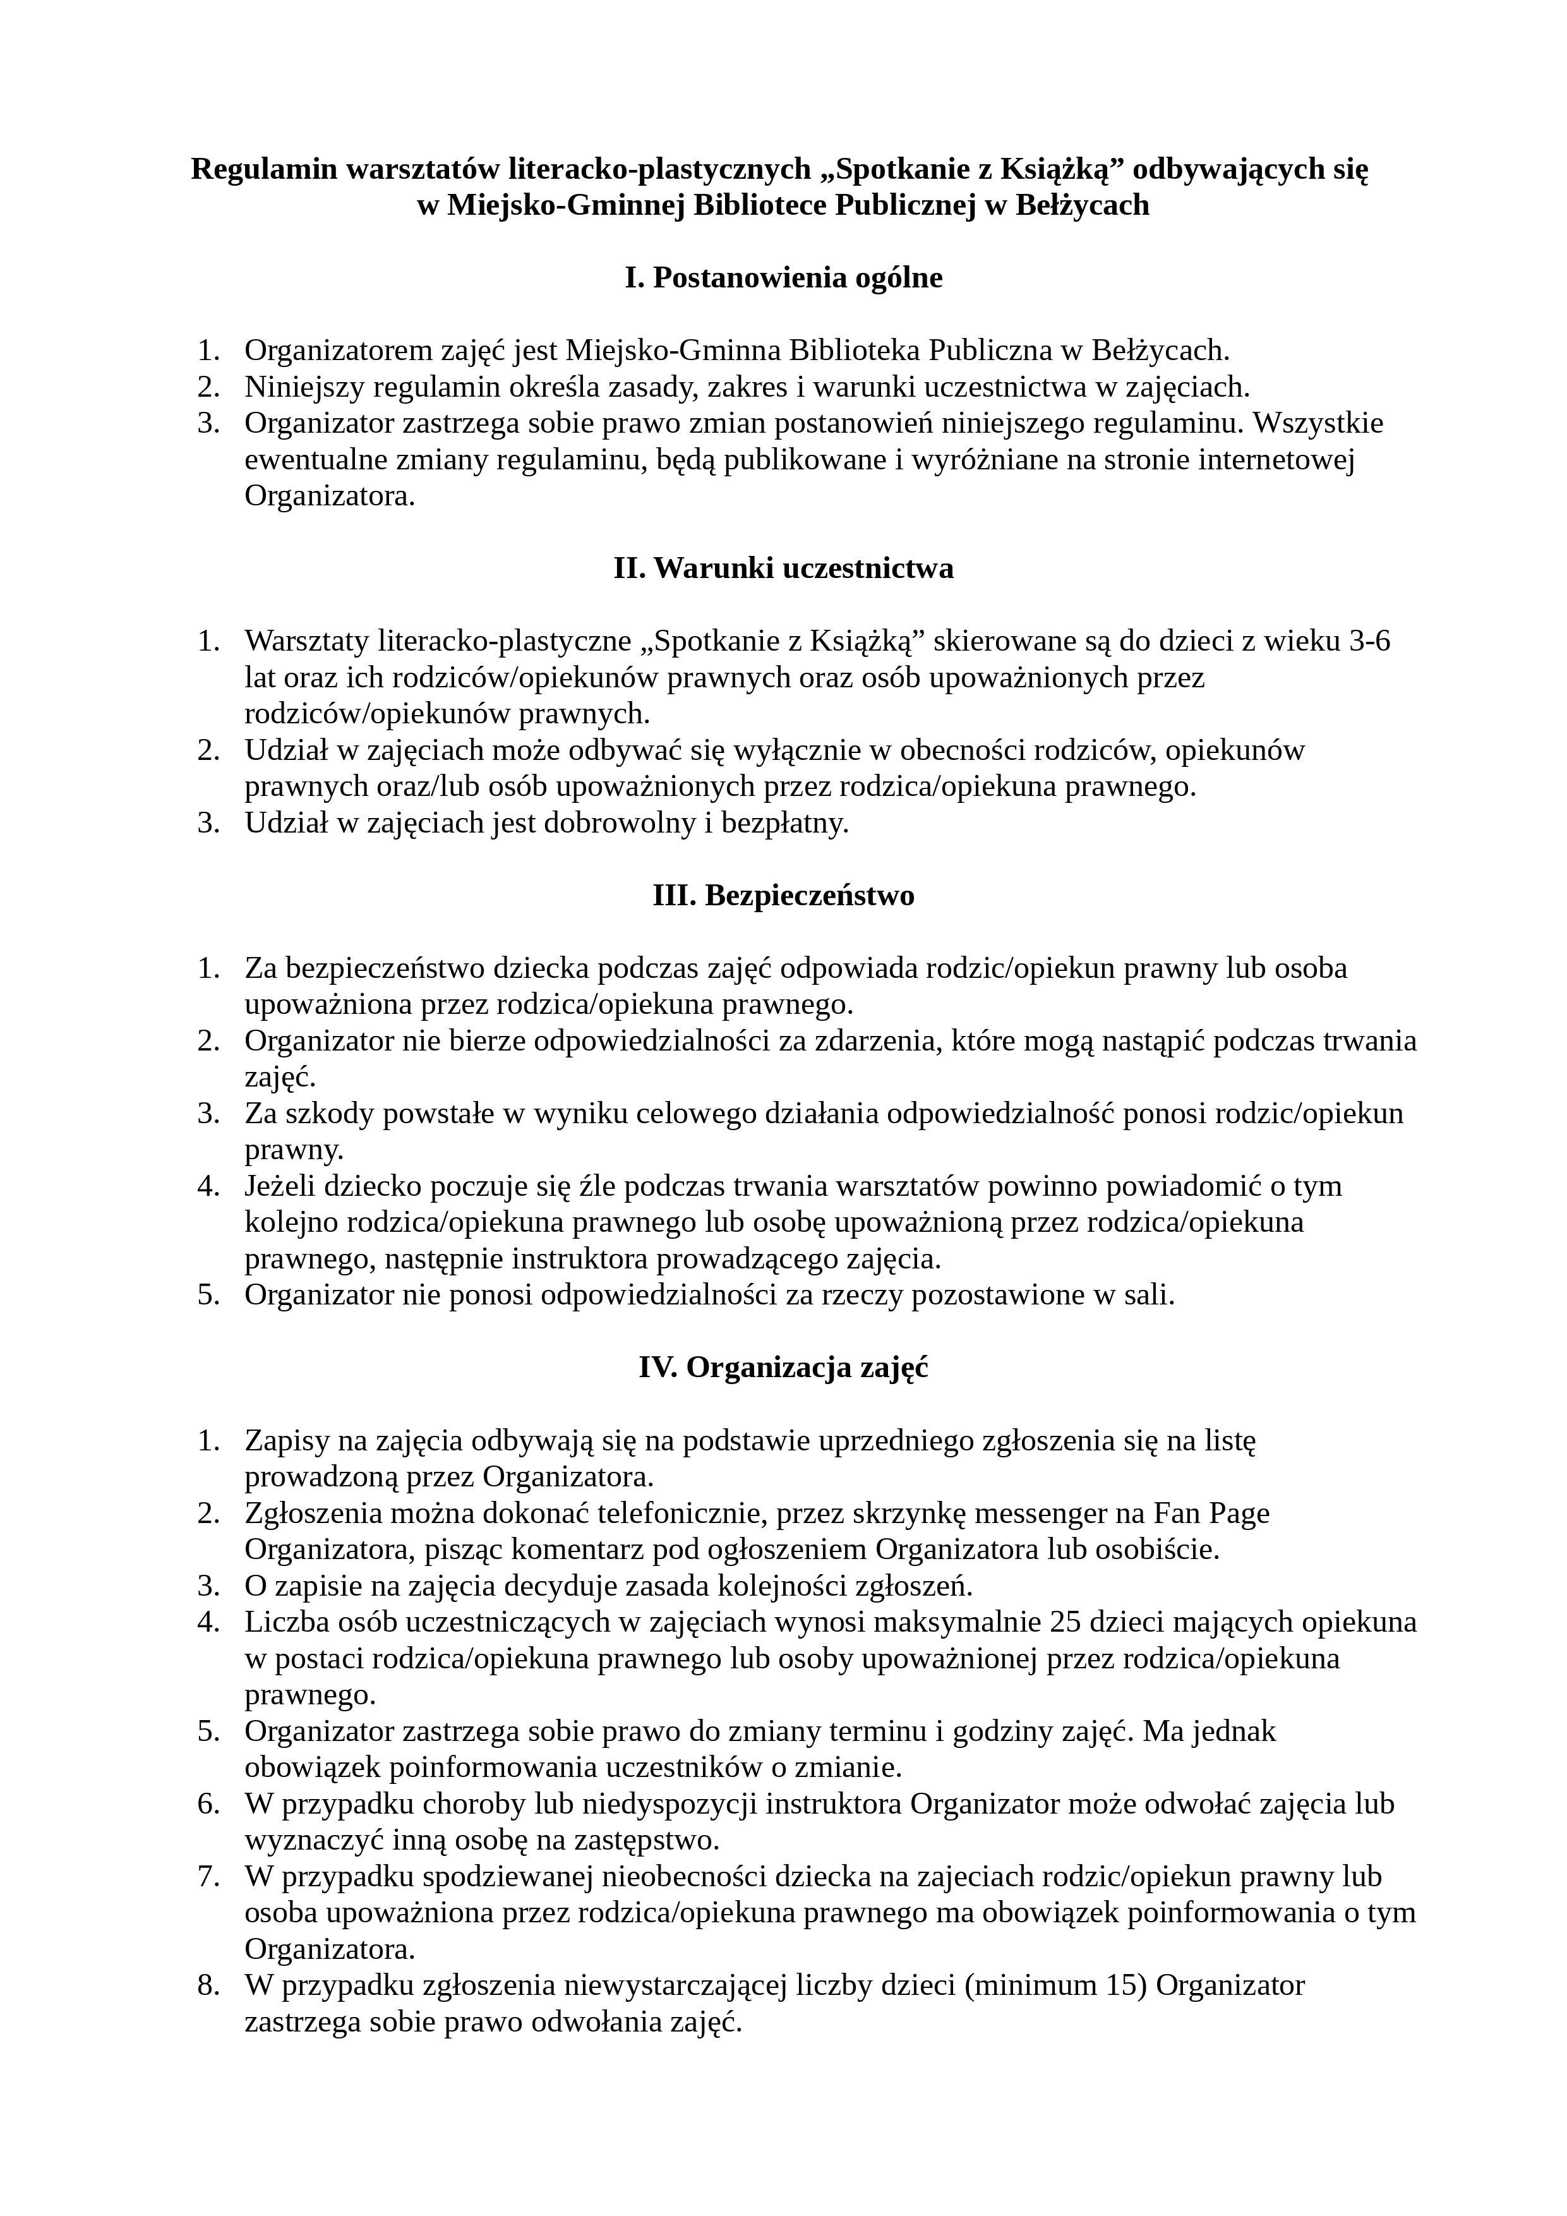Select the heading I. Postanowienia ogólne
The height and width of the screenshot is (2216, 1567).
783,278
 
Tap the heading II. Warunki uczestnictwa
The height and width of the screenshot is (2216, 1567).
783,569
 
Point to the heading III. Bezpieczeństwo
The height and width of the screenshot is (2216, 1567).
783,896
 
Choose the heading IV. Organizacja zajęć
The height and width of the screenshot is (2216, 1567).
783,1369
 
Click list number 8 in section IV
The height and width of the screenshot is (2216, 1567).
208,1986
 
